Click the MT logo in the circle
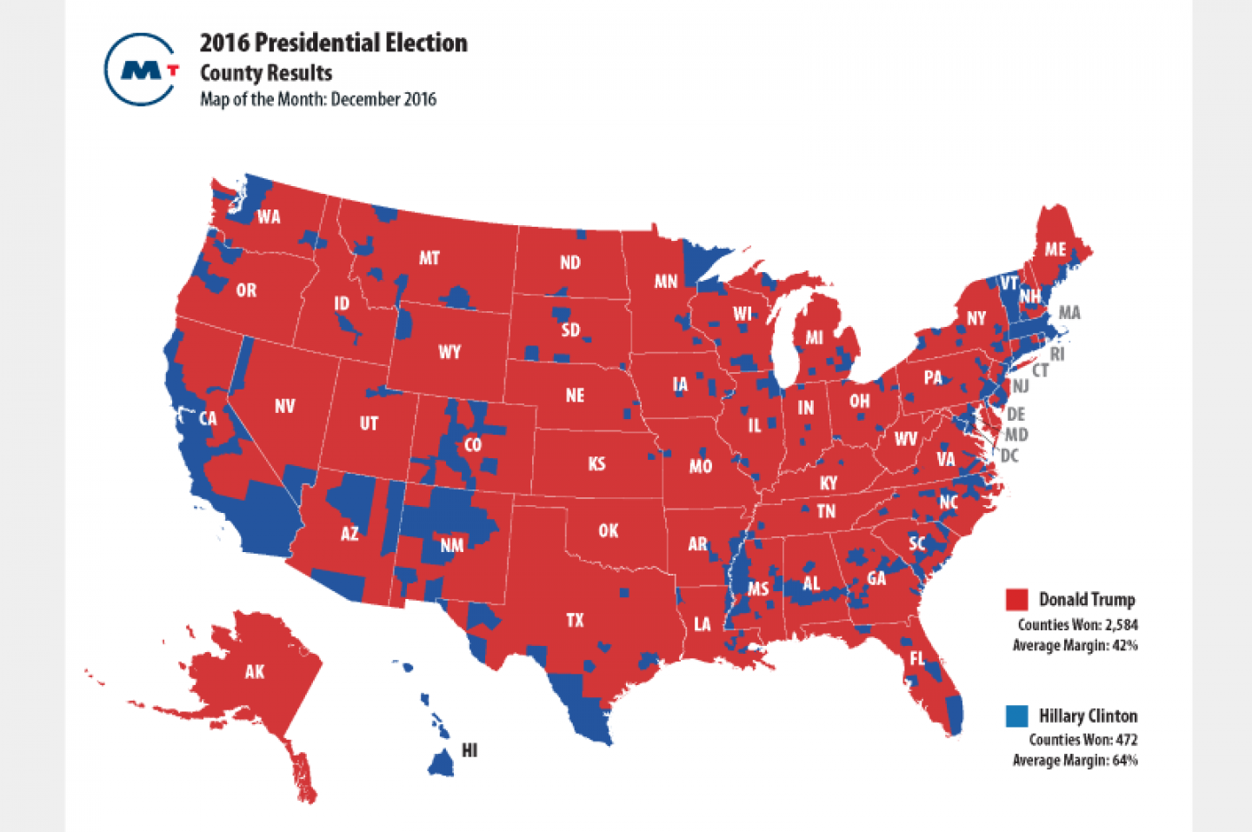(x=142, y=70)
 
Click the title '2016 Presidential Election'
(x=333, y=43)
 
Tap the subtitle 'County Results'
(x=265, y=73)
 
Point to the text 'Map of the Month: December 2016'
(x=317, y=99)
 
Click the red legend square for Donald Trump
(x=1016, y=600)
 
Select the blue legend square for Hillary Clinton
(x=1016, y=716)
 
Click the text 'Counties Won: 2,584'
(x=1077, y=624)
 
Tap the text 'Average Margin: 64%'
(x=1075, y=761)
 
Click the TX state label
(x=575, y=620)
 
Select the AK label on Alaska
(x=254, y=671)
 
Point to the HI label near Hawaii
(x=469, y=750)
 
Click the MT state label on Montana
(x=429, y=258)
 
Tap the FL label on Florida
(x=917, y=659)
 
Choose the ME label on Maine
(x=1055, y=250)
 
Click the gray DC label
(x=1009, y=456)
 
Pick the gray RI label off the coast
(x=1056, y=354)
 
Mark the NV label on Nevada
(x=284, y=406)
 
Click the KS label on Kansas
(x=596, y=463)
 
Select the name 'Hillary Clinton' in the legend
(x=1088, y=716)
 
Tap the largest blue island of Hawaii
(x=441, y=763)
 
